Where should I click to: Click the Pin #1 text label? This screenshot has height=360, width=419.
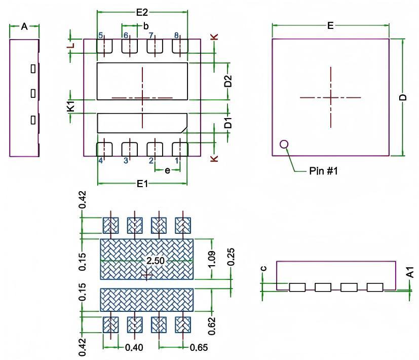pos(323,171)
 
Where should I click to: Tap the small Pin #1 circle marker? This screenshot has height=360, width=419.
pos(284,145)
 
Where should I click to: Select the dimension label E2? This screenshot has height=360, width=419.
pos(142,13)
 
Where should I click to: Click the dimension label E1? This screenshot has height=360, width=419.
pos(142,183)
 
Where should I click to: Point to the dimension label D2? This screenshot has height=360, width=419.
pos(228,81)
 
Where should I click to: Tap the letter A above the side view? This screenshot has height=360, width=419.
pos(24,26)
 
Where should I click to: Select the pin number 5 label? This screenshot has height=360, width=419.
pos(101,35)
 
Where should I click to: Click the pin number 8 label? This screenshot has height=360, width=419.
pos(176,35)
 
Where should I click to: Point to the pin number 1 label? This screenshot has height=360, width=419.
pos(177,161)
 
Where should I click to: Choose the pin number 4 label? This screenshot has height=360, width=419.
pos(101,161)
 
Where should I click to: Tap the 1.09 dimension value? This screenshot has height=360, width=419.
pos(213,260)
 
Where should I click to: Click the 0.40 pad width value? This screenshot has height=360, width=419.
pos(134,348)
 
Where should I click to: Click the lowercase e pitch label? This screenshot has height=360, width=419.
pos(167,170)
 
